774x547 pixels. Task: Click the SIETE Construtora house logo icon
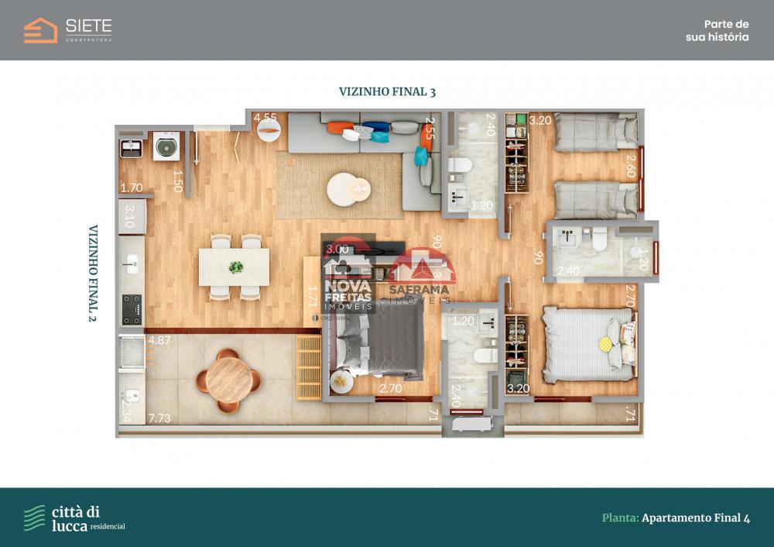[40, 30]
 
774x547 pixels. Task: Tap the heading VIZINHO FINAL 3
[387, 91]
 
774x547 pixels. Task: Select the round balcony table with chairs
[228, 380]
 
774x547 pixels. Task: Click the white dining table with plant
[235, 267]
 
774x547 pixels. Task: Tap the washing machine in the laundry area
[166, 145]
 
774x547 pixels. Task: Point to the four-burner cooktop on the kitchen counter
[132, 309]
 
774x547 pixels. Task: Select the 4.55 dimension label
[265, 118]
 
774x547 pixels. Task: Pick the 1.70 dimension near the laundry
[132, 187]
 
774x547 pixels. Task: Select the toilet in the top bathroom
[461, 167]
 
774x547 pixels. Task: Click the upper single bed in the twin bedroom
[594, 132]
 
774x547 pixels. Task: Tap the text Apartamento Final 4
[695, 518]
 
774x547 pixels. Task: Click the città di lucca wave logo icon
[34, 518]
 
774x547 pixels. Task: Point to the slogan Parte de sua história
[717, 30]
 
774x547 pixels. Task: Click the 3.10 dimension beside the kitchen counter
[130, 215]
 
